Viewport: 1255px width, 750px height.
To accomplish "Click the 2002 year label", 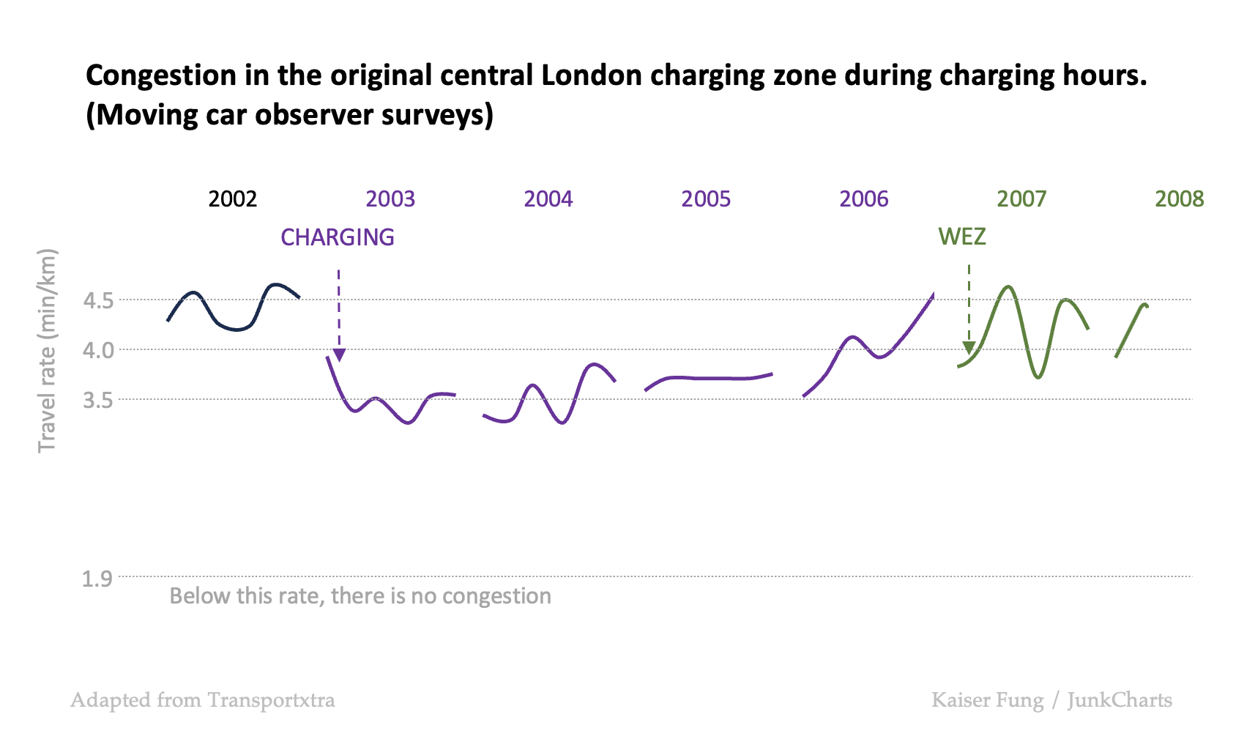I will point(232,198).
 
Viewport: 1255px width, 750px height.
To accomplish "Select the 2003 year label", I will point(390,198).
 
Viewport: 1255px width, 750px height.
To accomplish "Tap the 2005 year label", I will point(706,198).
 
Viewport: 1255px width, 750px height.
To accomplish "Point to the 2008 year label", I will point(1179,198).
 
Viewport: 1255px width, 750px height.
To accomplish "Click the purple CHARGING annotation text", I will point(338,237).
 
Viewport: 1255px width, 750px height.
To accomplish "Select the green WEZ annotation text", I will point(962,237).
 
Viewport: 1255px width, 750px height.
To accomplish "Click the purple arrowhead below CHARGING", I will point(339,355).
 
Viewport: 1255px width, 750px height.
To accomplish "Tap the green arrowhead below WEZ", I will point(969,347).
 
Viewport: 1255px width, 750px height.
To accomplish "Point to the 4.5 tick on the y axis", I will point(98,300).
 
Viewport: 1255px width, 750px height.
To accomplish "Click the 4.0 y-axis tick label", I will point(98,350).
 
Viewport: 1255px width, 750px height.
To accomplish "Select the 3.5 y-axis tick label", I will point(98,400).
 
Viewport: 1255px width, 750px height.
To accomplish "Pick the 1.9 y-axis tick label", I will point(97,579).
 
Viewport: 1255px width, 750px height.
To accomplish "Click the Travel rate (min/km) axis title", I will point(47,350).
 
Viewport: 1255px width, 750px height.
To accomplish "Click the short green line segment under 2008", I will point(1130,330).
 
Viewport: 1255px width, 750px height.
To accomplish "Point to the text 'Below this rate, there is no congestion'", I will point(360,596).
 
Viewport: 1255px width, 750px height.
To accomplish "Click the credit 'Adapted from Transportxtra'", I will point(203,700).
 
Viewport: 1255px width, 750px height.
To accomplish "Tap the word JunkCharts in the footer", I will point(1120,700).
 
